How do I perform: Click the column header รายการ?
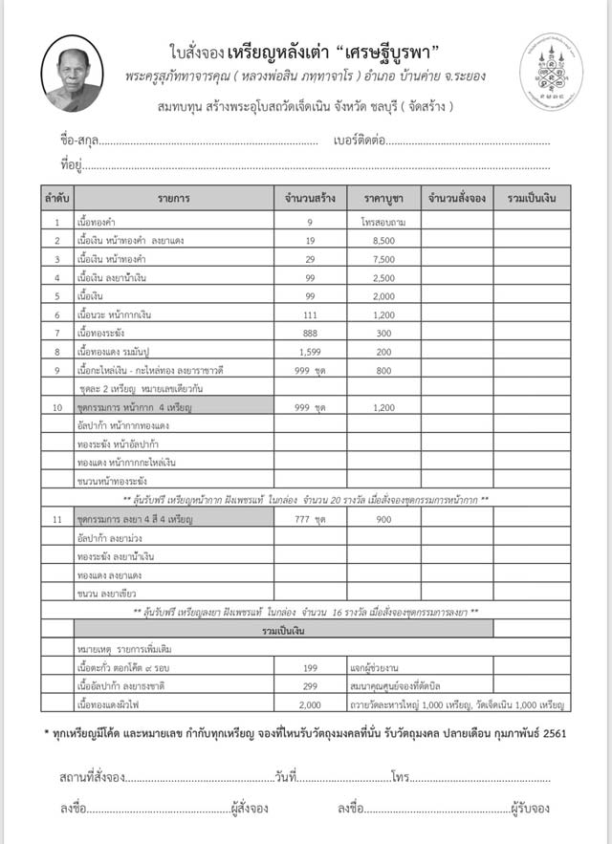click(x=174, y=198)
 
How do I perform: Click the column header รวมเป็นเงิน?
click(x=532, y=198)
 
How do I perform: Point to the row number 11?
click(x=56, y=519)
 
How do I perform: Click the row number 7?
click(x=56, y=333)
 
